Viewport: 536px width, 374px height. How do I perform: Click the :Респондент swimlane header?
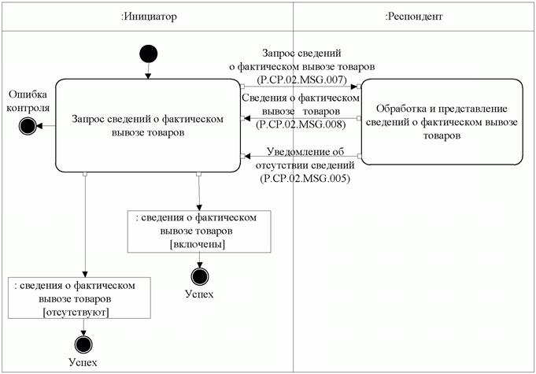click(x=414, y=15)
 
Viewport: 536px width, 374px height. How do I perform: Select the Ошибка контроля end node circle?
click(x=28, y=124)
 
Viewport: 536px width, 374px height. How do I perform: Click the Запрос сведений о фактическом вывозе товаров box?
click(x=147, y=124)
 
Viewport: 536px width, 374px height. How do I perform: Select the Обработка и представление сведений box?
click(x=442, y=121)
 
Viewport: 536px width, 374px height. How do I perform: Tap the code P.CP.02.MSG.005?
click(x=303, y=180)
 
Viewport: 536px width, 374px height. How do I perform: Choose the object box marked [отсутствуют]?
click(x=79, y=298)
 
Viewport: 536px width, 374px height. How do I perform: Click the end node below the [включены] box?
click(x=200, y=276)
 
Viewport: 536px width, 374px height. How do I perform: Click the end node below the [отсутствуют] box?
click(x=83, y=343)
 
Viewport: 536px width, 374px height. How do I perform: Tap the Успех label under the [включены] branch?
click(x=199, y=295)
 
